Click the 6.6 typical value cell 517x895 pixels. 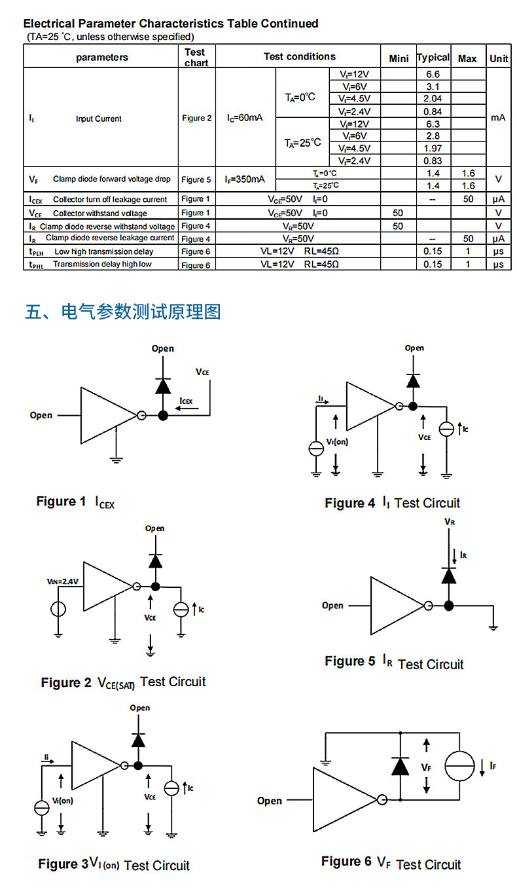[433, 75]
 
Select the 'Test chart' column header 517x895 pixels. [196, 57]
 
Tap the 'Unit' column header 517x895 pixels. [499, 58]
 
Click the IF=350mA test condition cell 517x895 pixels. [245, 179]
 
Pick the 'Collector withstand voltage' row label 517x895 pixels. [100, 213]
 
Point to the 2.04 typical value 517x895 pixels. [433, 99]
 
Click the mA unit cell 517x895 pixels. [498, 118]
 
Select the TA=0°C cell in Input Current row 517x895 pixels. [300, 97]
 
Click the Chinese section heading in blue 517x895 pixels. [122, 311]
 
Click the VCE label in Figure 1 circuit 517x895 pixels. [202, 372]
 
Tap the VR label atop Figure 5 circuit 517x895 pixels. [449, 522]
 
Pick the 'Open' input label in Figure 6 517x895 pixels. [270, 801]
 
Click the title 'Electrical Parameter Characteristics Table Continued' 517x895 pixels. [171, 24]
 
